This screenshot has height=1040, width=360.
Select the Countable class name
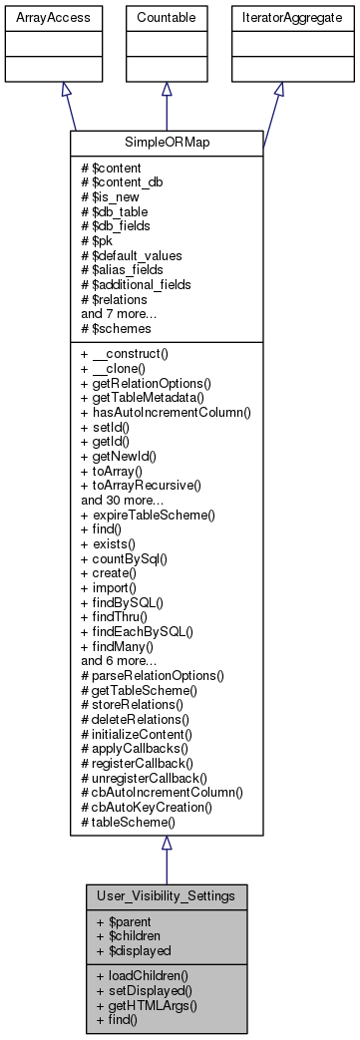tap(166, 18)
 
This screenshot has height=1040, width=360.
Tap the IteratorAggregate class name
tap(279, 18)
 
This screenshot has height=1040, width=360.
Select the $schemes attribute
tap(121, 327)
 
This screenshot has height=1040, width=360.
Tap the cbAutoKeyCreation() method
tap(153, 808)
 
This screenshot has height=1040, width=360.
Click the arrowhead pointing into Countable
tap(166, 90)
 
